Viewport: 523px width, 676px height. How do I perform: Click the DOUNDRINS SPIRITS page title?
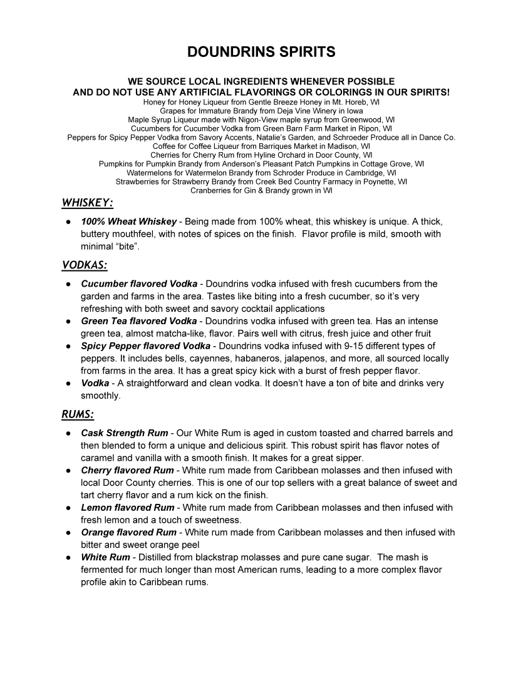[261, 53]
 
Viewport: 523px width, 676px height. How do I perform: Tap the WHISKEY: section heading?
[87, 203]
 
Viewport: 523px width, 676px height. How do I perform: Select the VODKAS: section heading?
[85, 265]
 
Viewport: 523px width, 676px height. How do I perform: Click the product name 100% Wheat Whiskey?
[128, 222]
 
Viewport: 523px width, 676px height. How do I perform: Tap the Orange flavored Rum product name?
[128, 533]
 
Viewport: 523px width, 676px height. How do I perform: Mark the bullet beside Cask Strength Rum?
[67, 433]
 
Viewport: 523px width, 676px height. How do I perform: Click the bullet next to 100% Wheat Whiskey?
[67, 222]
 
